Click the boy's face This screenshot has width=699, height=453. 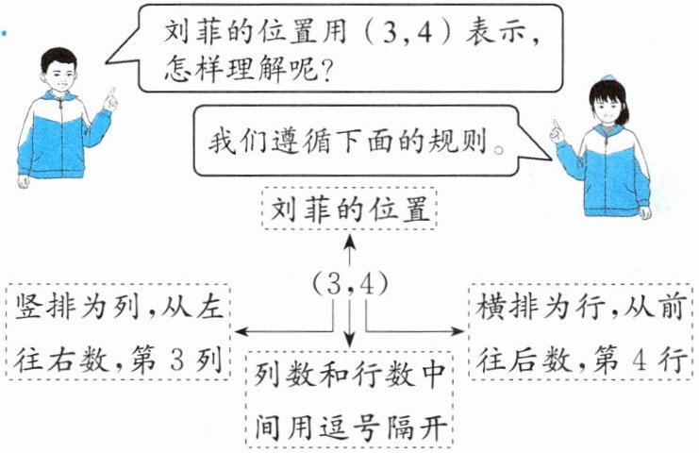tap(59, 73)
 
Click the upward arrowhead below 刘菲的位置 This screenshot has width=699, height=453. tap(349, 242)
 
